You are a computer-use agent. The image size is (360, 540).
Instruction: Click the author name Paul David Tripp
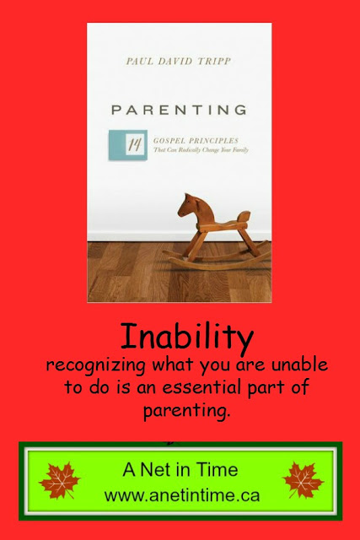178,62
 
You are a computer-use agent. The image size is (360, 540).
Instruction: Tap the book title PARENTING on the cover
180,110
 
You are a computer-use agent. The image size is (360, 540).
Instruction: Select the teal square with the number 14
128,145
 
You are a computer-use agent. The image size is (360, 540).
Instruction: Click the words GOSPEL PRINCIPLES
196,141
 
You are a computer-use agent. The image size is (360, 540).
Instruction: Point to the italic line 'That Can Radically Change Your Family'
201,150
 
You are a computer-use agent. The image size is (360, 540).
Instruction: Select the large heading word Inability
187,337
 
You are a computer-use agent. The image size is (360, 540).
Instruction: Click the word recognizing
95,365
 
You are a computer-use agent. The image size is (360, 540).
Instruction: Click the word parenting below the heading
186,411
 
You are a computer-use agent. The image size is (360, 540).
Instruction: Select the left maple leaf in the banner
60,480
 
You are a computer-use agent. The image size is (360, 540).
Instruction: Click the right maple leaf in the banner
303,480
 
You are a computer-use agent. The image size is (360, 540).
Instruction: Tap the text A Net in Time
180,469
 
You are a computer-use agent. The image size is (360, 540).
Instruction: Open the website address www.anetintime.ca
182,495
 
